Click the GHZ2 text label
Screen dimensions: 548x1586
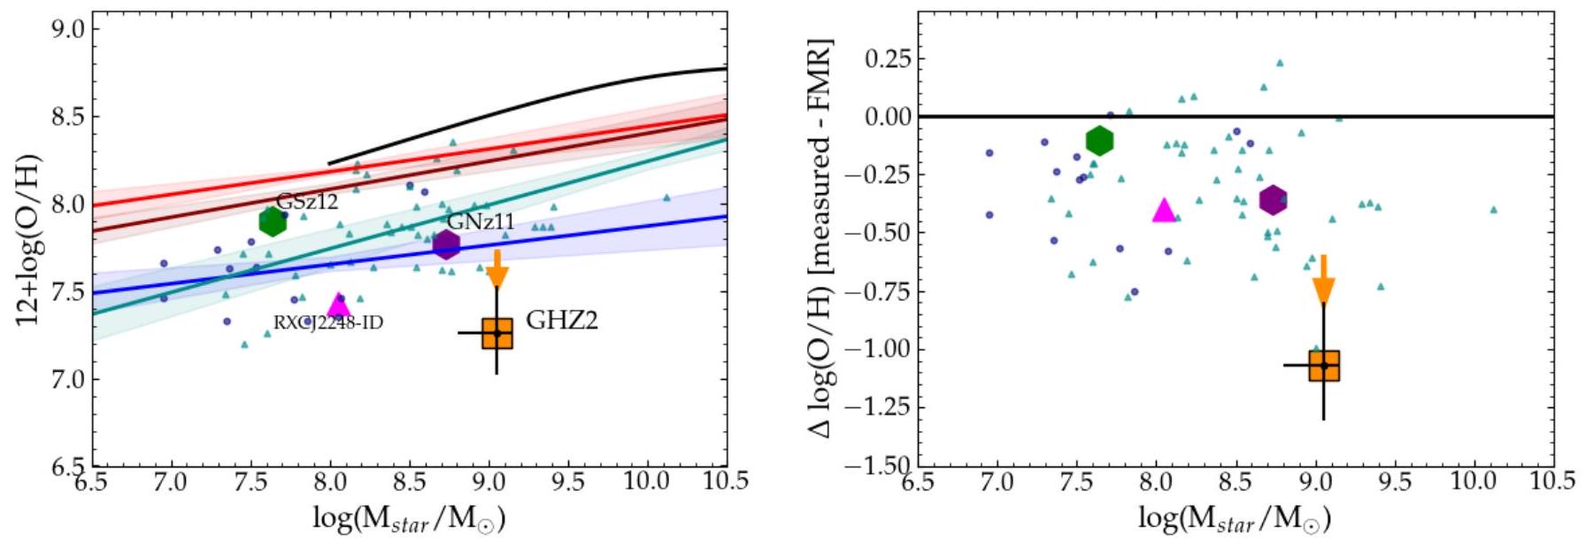562,320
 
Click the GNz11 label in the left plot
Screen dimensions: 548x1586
481,221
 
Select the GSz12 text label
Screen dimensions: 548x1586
307,202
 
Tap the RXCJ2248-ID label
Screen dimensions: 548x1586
328,323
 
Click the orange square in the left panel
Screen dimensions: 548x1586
497,334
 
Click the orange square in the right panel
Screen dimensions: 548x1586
1324,366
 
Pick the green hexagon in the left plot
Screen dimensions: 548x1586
273,222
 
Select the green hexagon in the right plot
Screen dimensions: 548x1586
1099,140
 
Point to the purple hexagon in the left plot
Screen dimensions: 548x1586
447,244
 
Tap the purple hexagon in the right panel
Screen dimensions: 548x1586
1273,200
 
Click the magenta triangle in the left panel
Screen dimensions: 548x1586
338,306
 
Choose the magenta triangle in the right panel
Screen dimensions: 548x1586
1164,211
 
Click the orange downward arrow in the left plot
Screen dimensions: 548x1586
497,269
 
